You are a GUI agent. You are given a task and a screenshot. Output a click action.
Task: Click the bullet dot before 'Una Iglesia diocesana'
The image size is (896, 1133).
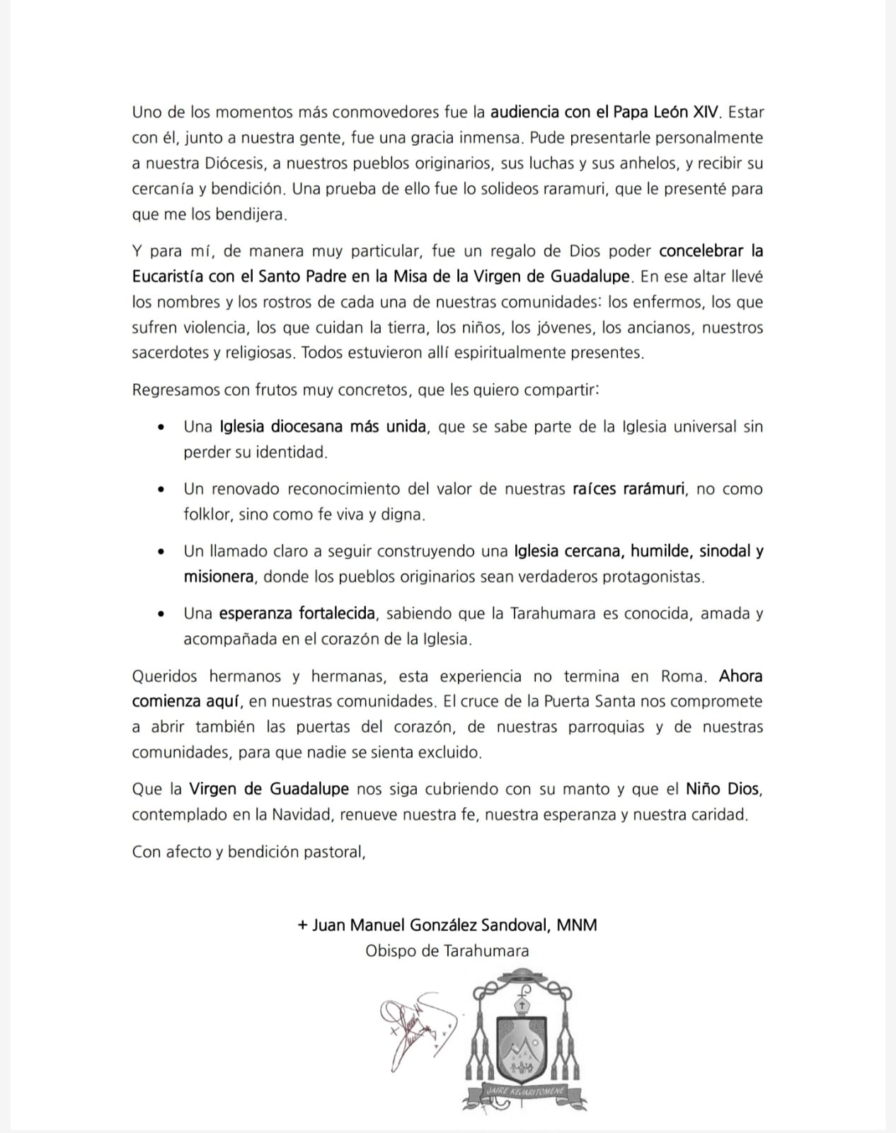[x=163, y=428]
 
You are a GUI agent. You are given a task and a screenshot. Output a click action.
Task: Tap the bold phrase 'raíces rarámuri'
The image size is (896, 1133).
[x=628, y=489]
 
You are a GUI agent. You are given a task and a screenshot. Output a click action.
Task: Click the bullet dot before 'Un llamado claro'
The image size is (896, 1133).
[x=163, y=552]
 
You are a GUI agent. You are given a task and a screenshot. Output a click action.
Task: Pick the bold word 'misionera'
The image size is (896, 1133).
[x=218, y=576]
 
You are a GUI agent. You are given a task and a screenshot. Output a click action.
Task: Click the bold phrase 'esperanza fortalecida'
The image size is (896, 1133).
[x=297, y=613]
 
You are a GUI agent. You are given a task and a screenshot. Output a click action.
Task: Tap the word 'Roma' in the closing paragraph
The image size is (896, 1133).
[x=682, y=676]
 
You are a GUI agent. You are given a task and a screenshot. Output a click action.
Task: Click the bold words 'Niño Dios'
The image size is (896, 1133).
[x=723, y=789]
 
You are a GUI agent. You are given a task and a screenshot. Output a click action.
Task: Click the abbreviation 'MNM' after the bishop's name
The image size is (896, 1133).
[x=576, y=925]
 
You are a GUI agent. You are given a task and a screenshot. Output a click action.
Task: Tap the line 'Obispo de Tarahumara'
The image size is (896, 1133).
[x=447, y=950]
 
